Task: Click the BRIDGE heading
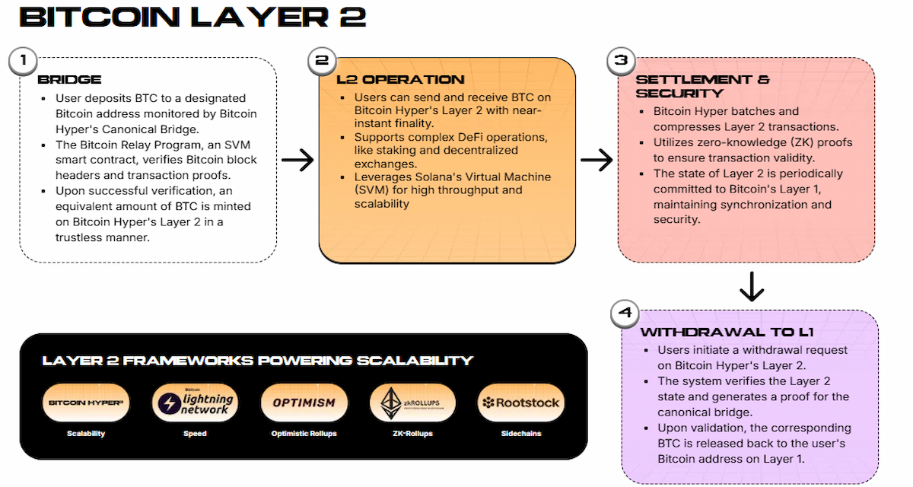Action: (69, 80)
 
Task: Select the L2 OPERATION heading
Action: (400, 79)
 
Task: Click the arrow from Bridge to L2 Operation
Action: (297, 160)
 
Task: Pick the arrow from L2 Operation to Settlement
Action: (596, 160)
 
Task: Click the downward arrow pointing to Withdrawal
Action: (751, 286)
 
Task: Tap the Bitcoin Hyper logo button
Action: (87, 403)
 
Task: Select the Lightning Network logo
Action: (195, 403)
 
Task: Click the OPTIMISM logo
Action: (304, 403)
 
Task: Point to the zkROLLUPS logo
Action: (412, 403)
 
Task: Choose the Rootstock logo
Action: (520, 403)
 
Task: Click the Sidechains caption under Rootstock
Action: (520, 434)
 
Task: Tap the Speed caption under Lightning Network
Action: (195, 434)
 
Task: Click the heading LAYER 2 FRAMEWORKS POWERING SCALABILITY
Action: (258, 361)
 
